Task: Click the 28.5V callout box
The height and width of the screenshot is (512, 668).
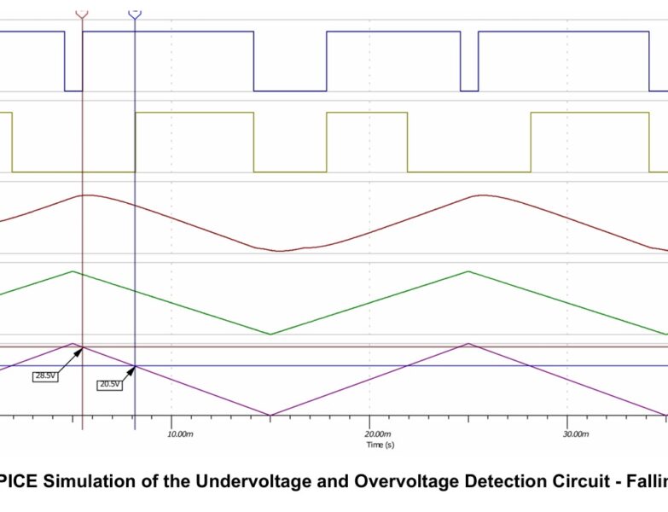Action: pyautogui.click(x=45, y=375)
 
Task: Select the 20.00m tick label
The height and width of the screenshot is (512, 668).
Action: pyautogui.click(x=380, y=434)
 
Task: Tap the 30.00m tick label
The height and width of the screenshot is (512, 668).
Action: pyautogui.click(x=577, y=434)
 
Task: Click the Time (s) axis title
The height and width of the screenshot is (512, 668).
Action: pyautogui.click(x=380, y=445)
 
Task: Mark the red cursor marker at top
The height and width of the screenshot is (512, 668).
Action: pyautogui.click(x=82, y=15)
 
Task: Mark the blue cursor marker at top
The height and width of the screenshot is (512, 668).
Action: pyautogui.click(x=135, y=15)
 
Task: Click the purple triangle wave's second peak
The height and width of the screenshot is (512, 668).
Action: pyautogui.click(x=468, y=344)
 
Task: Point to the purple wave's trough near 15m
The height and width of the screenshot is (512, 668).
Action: pyautogui.click(x=270, y=416)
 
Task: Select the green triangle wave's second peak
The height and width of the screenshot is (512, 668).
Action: pyautogui.click(x=468, y=271)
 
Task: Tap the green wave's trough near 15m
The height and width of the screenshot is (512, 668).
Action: pyautogui.click(x=270, y=334)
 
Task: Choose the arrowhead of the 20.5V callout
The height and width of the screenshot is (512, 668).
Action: pyautogui.click(x=134, y=367)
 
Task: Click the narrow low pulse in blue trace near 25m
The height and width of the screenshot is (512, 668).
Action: pyautogui.click(x=469, y=90)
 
